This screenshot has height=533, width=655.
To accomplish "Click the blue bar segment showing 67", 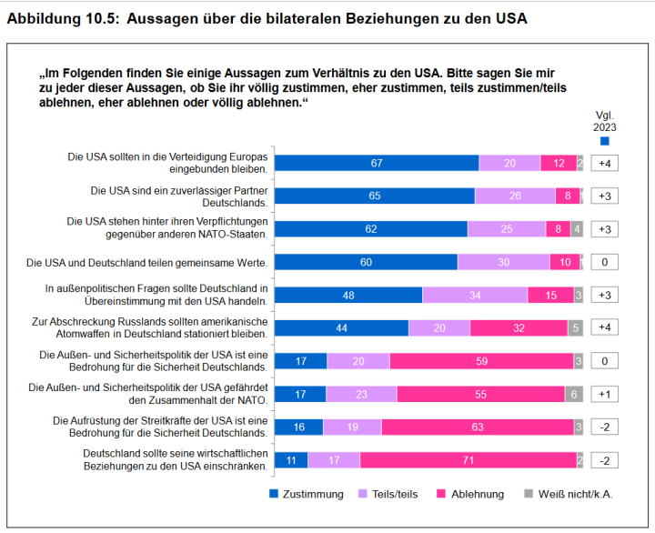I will coord(377,163).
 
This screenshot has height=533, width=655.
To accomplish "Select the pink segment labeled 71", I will coord(469,460).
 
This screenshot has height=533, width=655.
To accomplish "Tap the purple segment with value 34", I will coord(475,295).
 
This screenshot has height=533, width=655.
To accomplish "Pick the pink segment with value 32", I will coord(518,327).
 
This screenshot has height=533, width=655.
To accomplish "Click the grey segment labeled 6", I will coord(573,394).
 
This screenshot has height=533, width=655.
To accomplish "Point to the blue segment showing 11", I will coord(291,460).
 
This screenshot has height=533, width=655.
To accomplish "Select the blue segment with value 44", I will coord(341,327).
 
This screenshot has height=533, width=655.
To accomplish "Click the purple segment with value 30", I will coord(503,262).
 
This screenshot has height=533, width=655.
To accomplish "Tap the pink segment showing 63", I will coord(478,427).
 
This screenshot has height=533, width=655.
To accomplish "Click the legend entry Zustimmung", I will coord(306,494).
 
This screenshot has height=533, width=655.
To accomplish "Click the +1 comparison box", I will coord(605,394).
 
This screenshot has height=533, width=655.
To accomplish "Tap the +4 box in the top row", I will coord(605,163).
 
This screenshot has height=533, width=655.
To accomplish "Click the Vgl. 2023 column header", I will coord(605,122).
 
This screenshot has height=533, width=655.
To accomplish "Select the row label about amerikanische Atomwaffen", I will coord(148,327).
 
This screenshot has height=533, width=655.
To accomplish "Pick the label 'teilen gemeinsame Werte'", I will coord(146,262).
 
